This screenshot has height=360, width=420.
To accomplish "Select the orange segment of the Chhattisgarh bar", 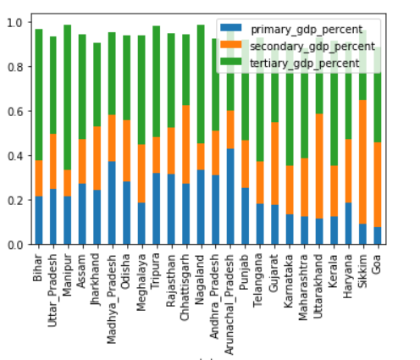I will pos(185,145).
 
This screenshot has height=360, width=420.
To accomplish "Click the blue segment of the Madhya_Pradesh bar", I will pos(112,203).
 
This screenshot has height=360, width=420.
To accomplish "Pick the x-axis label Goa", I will pos(377,261).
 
